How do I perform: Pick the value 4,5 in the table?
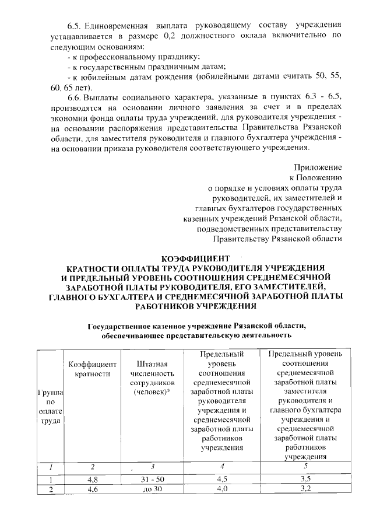coord(222,479)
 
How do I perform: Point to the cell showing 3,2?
coord(306,489)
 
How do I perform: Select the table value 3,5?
coord(306,479)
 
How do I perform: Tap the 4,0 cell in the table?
coord(222,489)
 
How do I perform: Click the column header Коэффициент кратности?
coord(90,368)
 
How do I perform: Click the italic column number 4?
coord(222,467)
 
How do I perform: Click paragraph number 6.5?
coord(75,26)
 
